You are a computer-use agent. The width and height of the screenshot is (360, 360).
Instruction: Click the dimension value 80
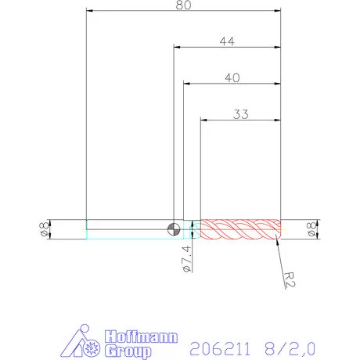coord(183,5)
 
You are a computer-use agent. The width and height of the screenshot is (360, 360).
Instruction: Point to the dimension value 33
coord(240,114)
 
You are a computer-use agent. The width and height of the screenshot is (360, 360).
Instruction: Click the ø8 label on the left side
coord(44,229)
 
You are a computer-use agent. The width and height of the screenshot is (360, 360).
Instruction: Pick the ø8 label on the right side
coord(311,229)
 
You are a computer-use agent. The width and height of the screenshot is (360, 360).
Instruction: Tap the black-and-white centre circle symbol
coord(174,229)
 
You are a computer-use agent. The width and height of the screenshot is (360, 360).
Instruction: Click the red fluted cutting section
coord(240,229)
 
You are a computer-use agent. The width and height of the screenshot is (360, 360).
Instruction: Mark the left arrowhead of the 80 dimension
coord(89,11)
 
